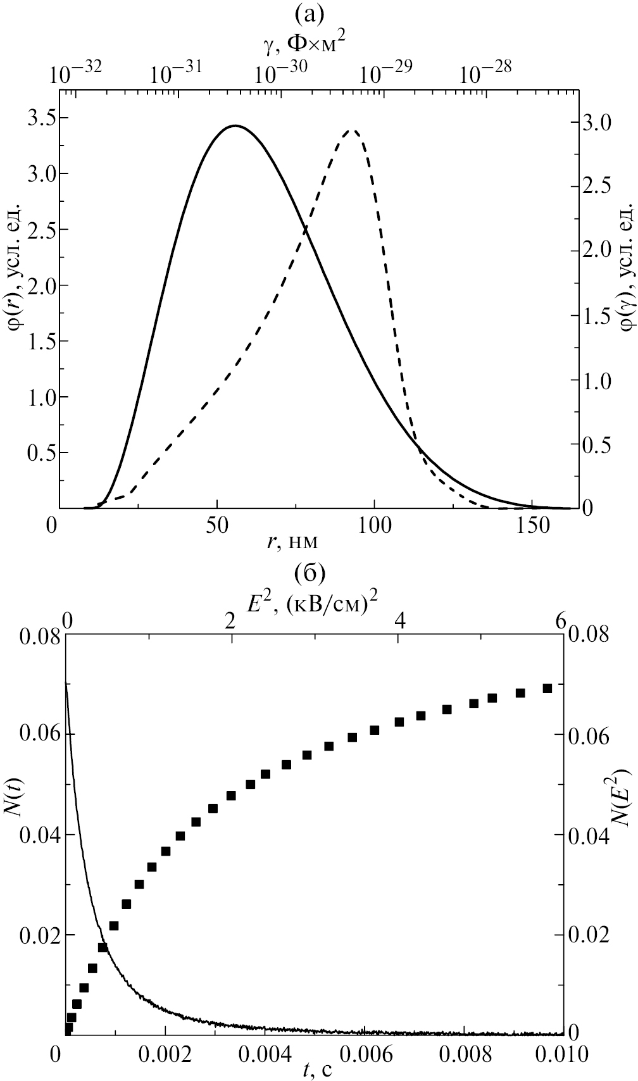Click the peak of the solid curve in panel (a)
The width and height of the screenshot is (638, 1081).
point(235,126)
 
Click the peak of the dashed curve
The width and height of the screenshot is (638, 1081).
point(353,131)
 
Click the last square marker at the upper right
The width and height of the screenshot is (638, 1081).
point(547,688)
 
